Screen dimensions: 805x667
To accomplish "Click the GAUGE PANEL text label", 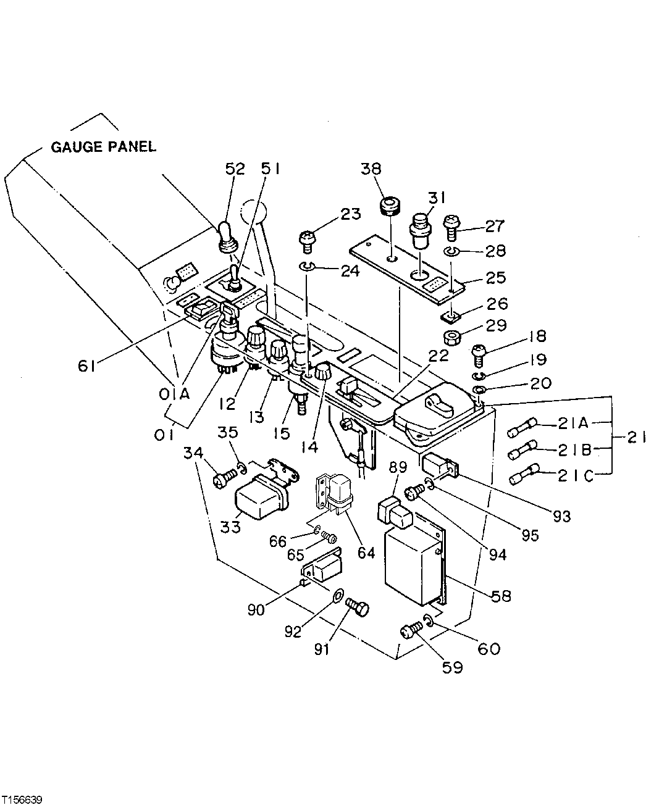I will click(x=103, y=147).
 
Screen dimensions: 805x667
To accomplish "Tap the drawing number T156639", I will click(x=22, y=799).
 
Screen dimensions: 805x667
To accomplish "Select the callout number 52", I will click(x=235, y=169).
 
